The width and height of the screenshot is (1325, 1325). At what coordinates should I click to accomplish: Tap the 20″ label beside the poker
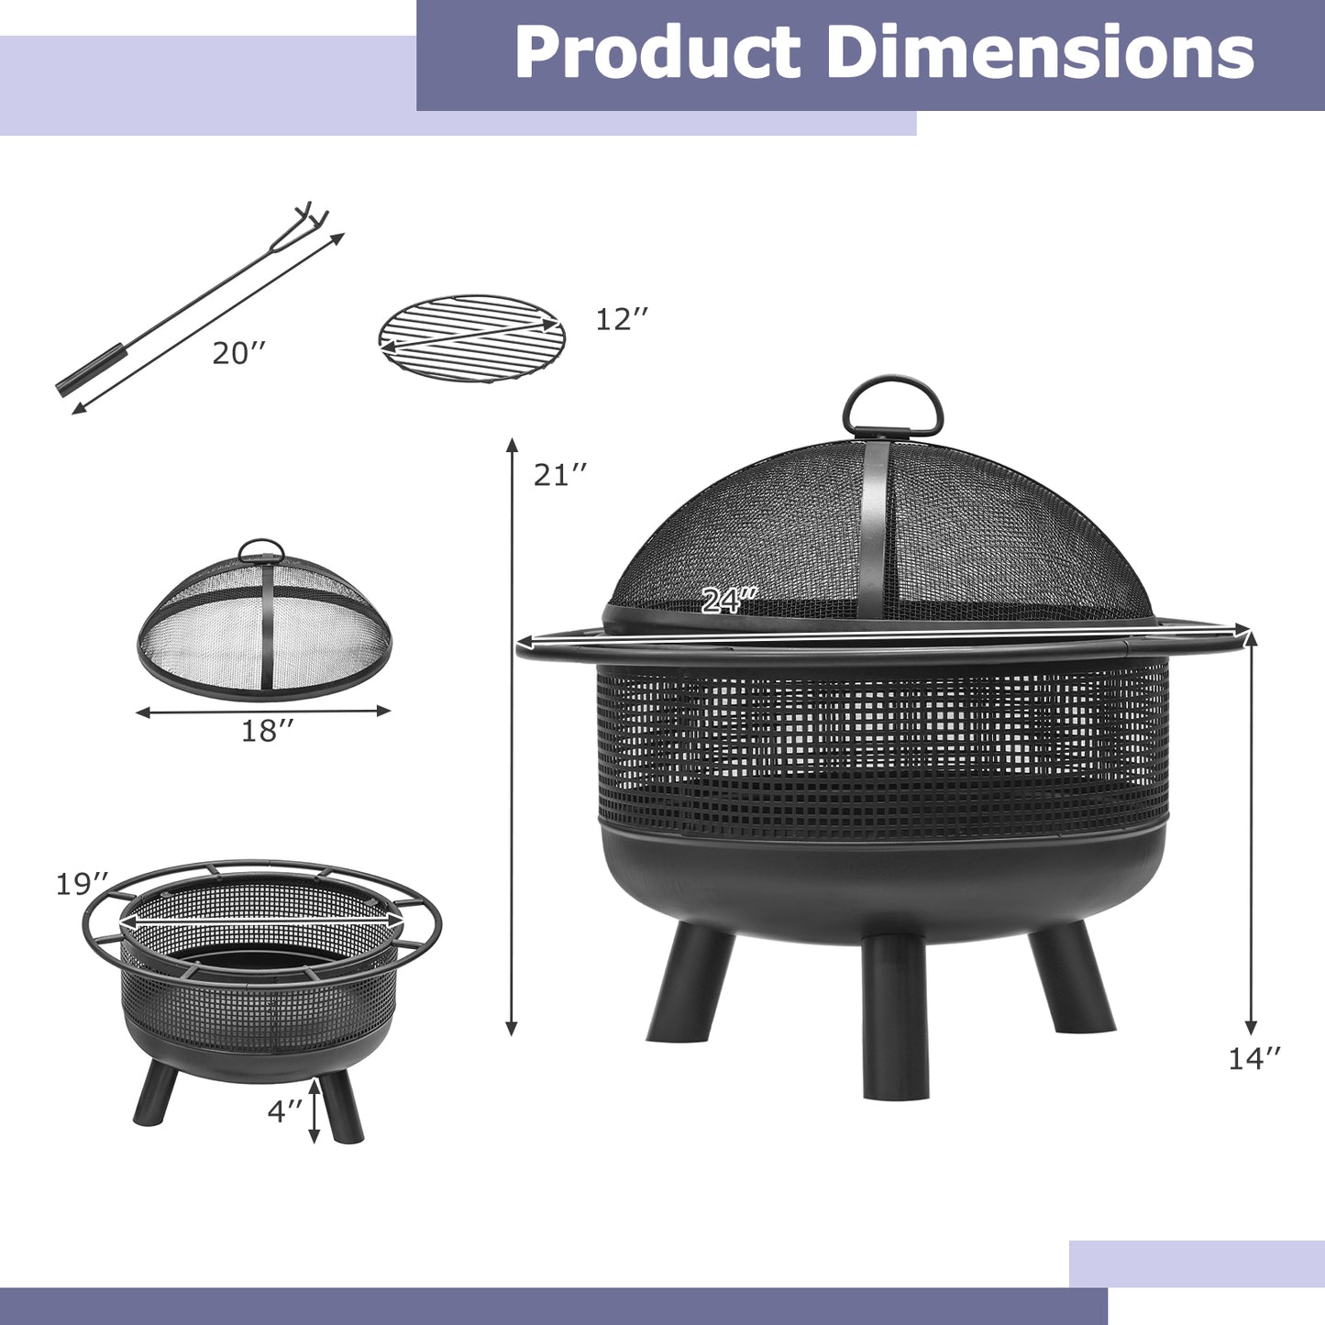239,353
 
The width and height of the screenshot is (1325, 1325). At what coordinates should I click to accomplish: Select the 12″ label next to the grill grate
622,319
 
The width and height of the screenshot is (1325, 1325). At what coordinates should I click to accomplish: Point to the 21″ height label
559,474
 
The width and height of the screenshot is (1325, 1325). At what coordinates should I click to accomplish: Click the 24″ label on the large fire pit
728,600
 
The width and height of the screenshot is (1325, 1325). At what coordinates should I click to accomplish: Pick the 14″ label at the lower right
1253,1058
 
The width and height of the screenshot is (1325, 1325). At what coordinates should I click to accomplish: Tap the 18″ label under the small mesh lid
268,731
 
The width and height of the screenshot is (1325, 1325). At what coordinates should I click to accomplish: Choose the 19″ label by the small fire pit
83,885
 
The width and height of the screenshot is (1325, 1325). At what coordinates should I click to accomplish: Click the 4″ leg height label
284,1110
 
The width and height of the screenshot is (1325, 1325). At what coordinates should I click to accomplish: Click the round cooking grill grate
471,337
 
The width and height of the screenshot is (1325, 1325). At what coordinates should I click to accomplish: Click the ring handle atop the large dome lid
892,407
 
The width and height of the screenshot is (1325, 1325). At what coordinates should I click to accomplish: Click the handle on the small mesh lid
261,549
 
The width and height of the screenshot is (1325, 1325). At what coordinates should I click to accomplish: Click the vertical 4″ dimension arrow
315,1110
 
